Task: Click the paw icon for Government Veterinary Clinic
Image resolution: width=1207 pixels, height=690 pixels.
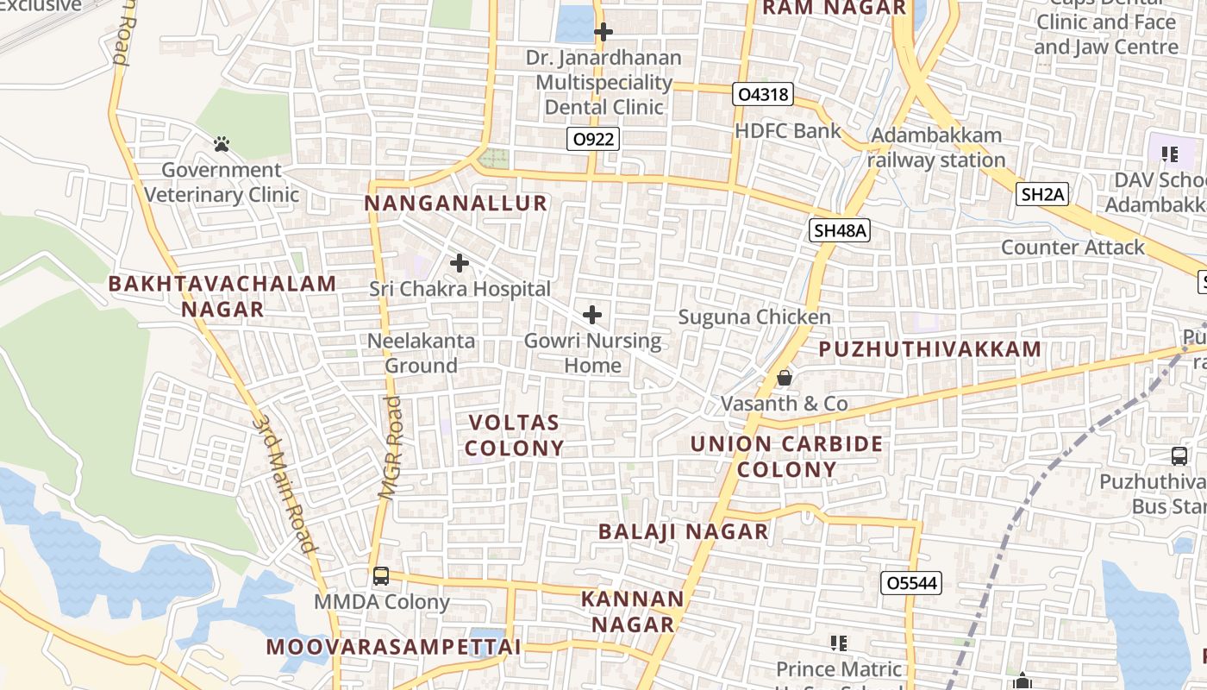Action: (x=222, y=144)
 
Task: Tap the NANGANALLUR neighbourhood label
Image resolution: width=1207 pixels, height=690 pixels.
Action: (x=456, y=204)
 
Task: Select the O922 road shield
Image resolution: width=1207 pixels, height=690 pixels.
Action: (x=594, y=139)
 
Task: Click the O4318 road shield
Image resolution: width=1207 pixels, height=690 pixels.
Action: (x=763, y=94)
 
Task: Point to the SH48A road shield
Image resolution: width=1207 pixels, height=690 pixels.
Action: (x=839, y=230)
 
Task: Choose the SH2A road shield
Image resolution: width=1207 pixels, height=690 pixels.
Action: (x=1042, y=195)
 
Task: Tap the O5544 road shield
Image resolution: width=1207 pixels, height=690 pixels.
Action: (x=911, y=583)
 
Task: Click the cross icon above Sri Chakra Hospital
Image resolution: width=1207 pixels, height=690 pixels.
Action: (x=460, y=262)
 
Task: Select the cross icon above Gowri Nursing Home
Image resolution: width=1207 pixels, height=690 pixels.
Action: (x=592, y=315)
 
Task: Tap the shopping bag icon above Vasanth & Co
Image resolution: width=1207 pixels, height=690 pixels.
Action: (x=785, y=378)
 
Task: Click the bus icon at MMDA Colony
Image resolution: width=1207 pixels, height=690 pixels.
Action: (x=381, y=576)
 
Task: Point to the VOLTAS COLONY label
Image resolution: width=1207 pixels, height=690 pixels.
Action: (x=515, y=436)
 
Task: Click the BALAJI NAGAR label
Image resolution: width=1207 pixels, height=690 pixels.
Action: (x=683, y=531)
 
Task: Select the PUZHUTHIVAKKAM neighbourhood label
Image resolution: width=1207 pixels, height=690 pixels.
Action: (x=930, y=349)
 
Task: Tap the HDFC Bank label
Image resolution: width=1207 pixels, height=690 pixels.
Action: (x=788, y=131)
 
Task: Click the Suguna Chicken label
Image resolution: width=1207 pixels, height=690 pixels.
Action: (x=754, y=317)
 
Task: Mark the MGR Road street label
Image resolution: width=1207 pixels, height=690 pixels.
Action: (x=392, y=448)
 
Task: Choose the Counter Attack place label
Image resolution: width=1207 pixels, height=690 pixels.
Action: (x=1073, y=248)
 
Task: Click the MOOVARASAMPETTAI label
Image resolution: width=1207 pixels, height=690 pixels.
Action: (x=393, y=647)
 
